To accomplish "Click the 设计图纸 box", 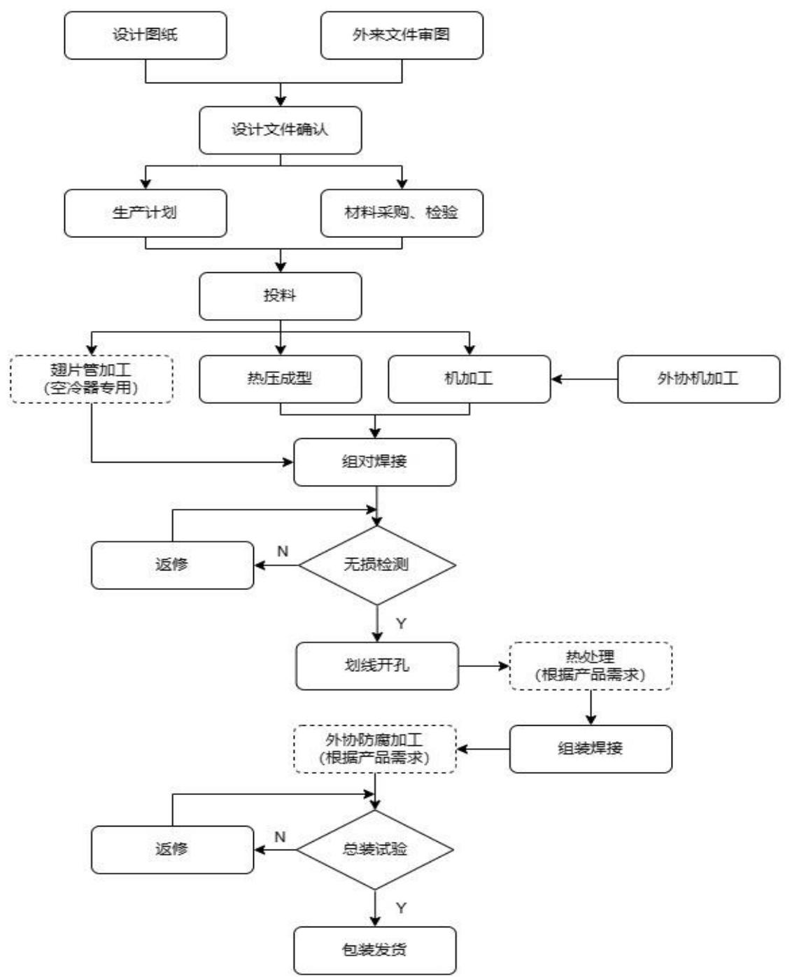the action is point(146,35).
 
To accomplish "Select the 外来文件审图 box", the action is point(402,35).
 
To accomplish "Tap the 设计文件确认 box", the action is point(280,130).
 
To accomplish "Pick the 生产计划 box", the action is point(146,213).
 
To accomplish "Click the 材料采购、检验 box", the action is point(402,213).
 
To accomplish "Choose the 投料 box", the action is point(280,296).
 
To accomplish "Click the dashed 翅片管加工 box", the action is point(92,379).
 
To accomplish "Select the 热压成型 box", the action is point(280,379).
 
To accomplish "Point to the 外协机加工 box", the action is point(698,379).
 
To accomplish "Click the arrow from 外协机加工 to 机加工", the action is point(584,379).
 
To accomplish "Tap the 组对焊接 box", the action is point(375,463).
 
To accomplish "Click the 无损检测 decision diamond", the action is point(377,565).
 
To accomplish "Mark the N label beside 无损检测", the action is point(283,551).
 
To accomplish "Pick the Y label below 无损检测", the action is point(401,624).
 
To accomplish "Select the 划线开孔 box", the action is point(377,666).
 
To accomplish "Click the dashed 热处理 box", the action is point(591,666).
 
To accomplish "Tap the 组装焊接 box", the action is point(591,749).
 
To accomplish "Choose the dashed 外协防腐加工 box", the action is point(375,749).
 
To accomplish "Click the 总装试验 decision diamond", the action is point(375,850).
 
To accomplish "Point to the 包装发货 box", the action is point(375,950).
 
